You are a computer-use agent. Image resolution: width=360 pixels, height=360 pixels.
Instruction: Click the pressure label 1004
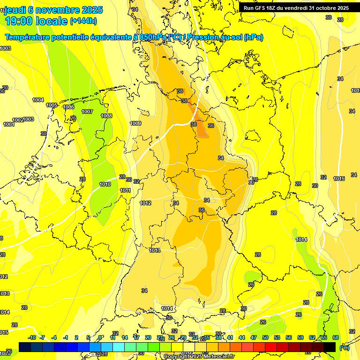38,100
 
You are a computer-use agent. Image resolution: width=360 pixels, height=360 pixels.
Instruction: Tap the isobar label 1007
87,112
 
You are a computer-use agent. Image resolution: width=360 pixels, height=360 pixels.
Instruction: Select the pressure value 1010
105,184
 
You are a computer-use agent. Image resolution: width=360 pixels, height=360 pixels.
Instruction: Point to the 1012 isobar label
145,203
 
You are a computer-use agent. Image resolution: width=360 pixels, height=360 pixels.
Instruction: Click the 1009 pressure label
135,123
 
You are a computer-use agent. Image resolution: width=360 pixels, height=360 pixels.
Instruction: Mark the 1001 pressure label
8,124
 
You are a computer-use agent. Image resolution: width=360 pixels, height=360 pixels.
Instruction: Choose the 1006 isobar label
68,107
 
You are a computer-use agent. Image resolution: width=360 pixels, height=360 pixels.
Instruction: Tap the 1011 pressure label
125,190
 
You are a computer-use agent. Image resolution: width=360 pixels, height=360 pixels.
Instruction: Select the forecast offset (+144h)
83,21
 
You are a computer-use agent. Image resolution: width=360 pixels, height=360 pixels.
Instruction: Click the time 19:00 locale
36,21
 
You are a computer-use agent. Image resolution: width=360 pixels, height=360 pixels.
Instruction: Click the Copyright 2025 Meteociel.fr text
199,356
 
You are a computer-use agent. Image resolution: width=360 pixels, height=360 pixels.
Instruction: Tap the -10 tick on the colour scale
31,337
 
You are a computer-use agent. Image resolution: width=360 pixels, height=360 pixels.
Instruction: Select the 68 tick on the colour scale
336,337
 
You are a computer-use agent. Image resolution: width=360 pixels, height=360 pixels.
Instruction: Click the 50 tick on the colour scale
265,337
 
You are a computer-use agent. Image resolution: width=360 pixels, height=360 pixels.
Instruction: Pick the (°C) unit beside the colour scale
345,347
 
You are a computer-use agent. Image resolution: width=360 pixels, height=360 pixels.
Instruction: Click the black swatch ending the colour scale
330,347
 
